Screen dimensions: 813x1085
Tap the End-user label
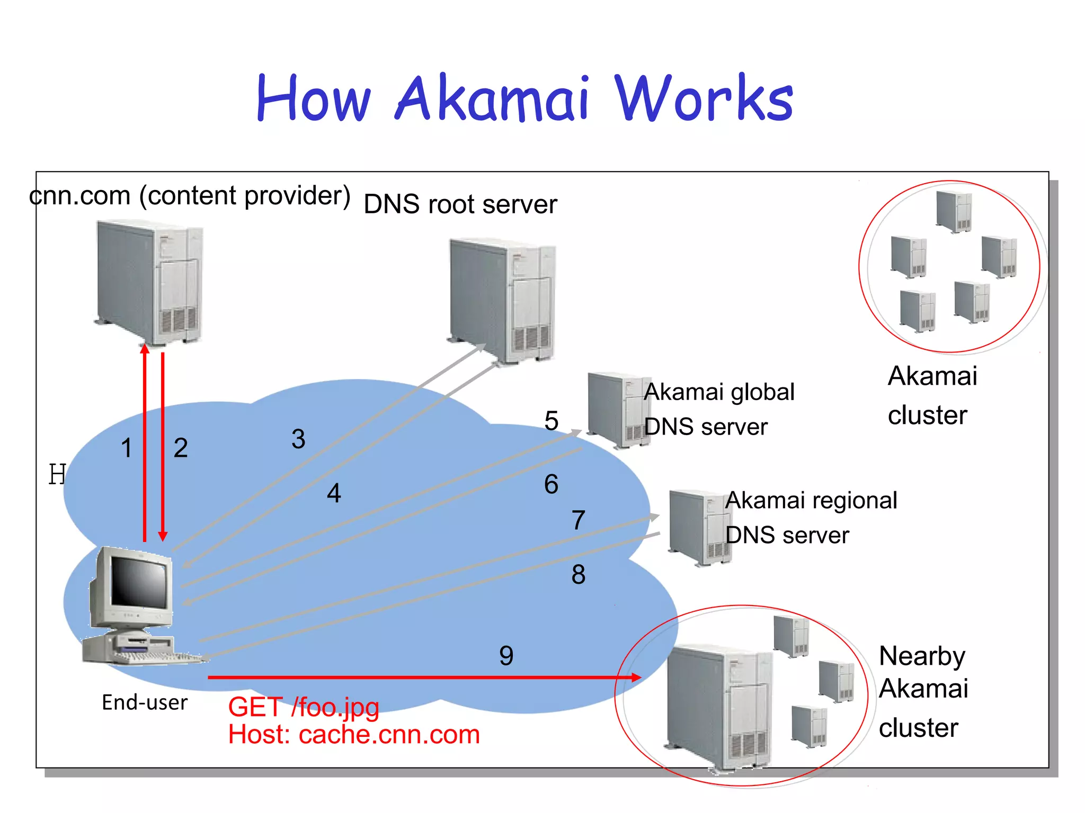pyautogui.click(x=145, y=702)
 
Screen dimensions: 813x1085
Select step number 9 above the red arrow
pyautogui.click(x=506, y=656)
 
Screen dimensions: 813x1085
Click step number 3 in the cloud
pyautogui.click(x=298, y=439)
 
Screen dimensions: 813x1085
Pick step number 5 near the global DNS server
pyautogui.click(x=552, y=421)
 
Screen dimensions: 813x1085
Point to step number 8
pyautogui.click(x=578, y=574)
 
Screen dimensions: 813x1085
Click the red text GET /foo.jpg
pyautogui.click(x=304, y=707)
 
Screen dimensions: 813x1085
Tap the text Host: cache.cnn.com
pyautogui.click(x=354, y=735)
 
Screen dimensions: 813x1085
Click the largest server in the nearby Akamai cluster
pyautogui.click(x=718, y=707)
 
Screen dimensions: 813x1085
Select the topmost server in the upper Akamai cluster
pyautogui.click(x=954, y=211)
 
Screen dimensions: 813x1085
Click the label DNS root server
pyautogui.click(x=460, y=204)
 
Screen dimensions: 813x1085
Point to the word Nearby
pyautogui.click(x=922, y=656)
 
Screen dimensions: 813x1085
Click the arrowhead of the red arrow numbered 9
pyautogui.click(x=636, y=677)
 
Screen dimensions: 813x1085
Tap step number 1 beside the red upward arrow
pyautogui.click(x=126, y=448)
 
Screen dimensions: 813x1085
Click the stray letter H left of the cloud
pyautogui.click(x=57, y=474)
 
